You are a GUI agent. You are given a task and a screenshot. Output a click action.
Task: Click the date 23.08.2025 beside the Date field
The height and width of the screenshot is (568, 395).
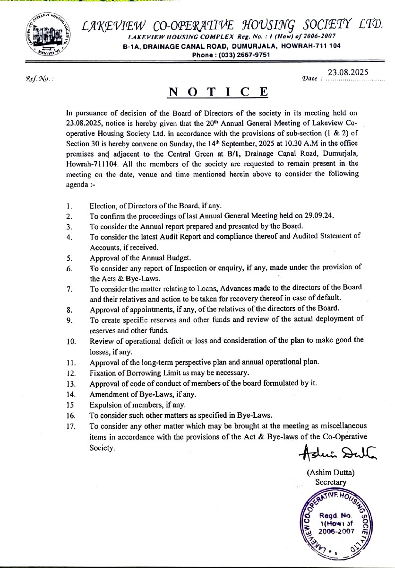pyautogui.click(x=348, y=72)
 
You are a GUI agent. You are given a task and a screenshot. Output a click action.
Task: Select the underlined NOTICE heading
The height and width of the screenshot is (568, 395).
pyautogui.click(x=219, y=91)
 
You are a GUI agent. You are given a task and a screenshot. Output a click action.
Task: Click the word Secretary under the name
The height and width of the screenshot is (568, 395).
pyautogui.click(x=331, y=482)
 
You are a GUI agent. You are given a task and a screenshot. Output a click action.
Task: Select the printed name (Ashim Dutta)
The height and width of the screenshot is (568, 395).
pyautogui.click(x=331, y=472)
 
